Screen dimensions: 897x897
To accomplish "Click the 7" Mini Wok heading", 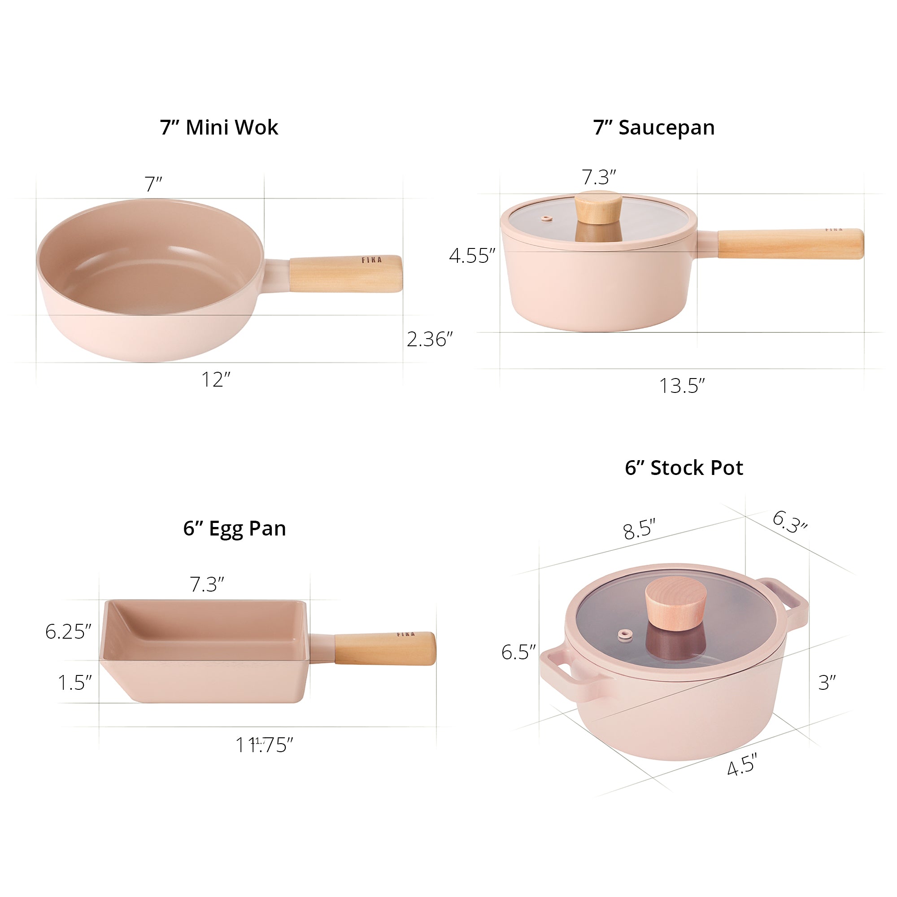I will point(219,128).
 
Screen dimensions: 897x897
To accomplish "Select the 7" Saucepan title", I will point(654,128).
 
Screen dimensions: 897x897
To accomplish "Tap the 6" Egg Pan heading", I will point(234,528).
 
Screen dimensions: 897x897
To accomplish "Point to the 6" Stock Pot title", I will point(684,468).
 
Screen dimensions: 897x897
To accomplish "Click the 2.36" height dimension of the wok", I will point(429,340).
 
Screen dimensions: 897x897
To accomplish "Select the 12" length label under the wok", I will point(215,380).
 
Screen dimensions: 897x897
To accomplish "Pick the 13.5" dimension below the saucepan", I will point(682,386).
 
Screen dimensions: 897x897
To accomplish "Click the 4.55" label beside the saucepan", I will point(472,256).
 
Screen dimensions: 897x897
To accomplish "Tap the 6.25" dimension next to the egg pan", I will point(68,631).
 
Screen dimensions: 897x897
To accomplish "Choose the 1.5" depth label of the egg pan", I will point(74,683).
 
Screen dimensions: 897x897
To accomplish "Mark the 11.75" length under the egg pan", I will point(264,745).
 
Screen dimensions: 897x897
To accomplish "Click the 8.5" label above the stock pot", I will point(639,530).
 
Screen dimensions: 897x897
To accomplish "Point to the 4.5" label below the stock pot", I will point(741,766).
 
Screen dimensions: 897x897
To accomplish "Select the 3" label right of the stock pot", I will point(827,683).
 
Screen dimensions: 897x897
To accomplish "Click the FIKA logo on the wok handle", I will point(371,260).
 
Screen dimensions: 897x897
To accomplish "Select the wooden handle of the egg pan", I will point(384,649).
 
